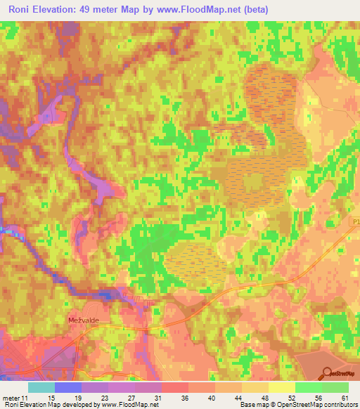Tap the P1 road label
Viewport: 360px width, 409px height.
tap(354, 221)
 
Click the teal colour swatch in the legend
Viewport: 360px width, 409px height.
tap(41, 387)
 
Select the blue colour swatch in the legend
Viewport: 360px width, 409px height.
tap(67, 387)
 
